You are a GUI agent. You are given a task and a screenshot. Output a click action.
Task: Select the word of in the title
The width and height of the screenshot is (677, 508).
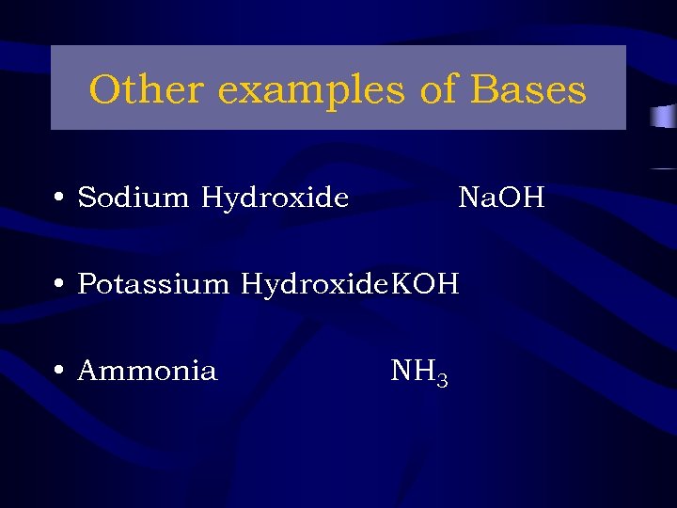pyautogui.click(x=438, y=90)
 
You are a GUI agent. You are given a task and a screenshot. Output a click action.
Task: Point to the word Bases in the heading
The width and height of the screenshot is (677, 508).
pyautogui.click(x=527, y=90)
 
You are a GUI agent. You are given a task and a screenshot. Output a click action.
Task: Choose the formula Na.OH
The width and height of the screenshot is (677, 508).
pyautogui.click(x=501, y=198)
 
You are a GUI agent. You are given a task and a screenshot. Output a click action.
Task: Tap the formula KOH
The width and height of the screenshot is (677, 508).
pyautogui.click(x=425, y=284)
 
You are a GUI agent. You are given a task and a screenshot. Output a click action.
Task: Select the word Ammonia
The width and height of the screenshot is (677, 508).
pyautogui.click(x=147, y=371)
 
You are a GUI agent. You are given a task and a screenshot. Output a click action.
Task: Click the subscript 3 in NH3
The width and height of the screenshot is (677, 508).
pyautogui.click(x=442, y=379)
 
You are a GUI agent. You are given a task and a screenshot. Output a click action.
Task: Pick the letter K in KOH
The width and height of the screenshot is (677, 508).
pyautogui.click(x=401, y=284)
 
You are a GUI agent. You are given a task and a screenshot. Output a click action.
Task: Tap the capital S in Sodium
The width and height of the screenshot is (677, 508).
pyautogui.click(x=86, y=198)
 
